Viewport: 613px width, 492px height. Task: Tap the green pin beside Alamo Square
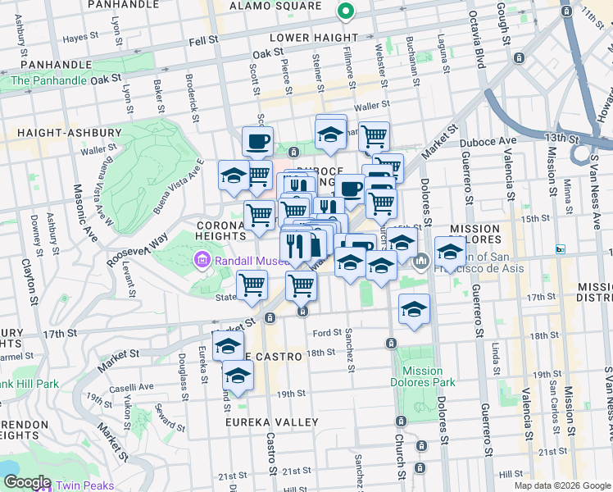345,12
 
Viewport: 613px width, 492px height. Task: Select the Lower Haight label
314,38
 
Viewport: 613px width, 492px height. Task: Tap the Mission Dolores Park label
423,376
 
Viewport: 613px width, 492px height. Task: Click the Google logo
26,482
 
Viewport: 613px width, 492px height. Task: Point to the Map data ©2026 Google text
561,485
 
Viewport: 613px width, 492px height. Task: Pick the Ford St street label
326,333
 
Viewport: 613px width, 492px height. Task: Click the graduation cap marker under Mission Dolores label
451,251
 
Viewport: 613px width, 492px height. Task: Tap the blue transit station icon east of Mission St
561,249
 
